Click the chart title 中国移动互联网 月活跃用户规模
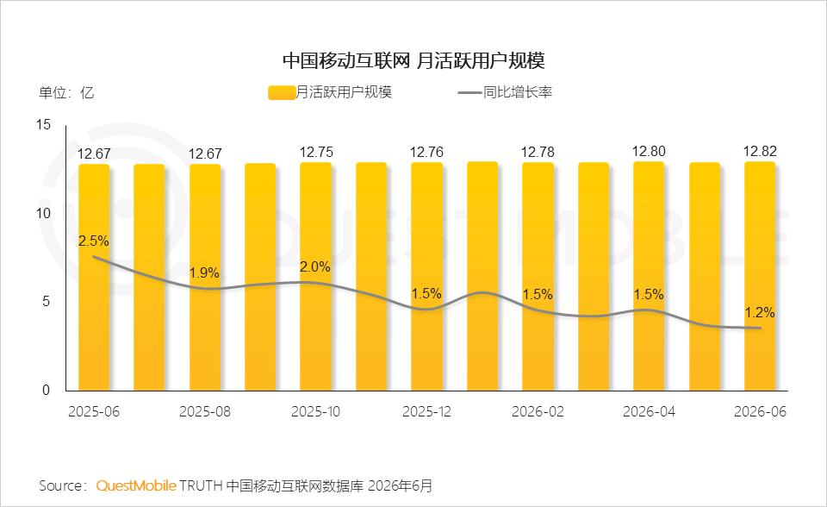[413, 60]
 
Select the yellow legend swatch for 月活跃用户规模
[282, 92]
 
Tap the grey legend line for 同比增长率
[469, 93]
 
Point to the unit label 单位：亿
[66, 93]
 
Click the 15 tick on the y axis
[44, 125]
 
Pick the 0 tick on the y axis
[46, 390]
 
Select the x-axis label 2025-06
[94, 411]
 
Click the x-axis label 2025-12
[426, 411]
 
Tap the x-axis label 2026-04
[649, 411]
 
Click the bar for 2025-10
[316, 277]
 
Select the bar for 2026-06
[760, 276]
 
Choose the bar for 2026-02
[538, 277]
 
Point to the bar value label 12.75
[316, 152]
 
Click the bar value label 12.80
[649, 151]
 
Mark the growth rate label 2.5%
[94, 241]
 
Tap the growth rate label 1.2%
[760, 313]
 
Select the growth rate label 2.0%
[315, 266]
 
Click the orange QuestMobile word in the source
[136, 485]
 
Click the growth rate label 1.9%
[205, 272]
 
